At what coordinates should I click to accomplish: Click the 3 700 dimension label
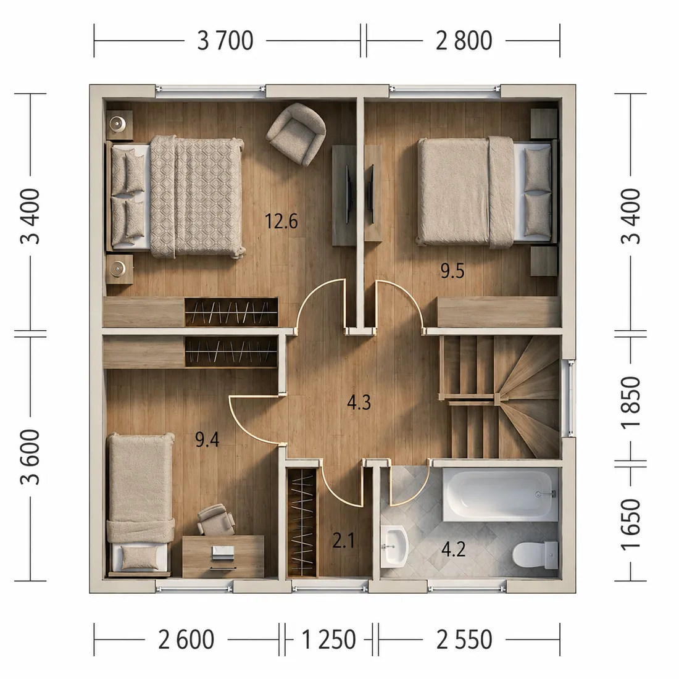[x=225, y=41]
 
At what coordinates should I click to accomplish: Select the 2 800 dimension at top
[x=464, y=41]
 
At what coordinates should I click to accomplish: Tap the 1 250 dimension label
[x=328, y=639]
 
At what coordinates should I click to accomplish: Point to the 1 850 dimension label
[x=631, y=402]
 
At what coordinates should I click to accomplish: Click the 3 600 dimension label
[x=30, y=457]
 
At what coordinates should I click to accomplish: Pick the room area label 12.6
[x=281, y=221]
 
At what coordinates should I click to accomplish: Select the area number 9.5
[x=452, y=271]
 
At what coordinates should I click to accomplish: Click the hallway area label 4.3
[x=359, y=402]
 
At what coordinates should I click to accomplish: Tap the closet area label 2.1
[x=343, y=541]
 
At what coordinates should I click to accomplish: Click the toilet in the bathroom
[x=535, y=554]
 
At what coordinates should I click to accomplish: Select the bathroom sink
[x=394, y=546]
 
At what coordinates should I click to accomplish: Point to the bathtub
[x=500, y=494]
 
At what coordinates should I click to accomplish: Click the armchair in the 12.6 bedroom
[x=296, y=134]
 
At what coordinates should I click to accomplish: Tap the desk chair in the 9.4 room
[x=215, y=519]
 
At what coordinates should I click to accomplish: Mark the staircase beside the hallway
[x=499, y=396]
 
